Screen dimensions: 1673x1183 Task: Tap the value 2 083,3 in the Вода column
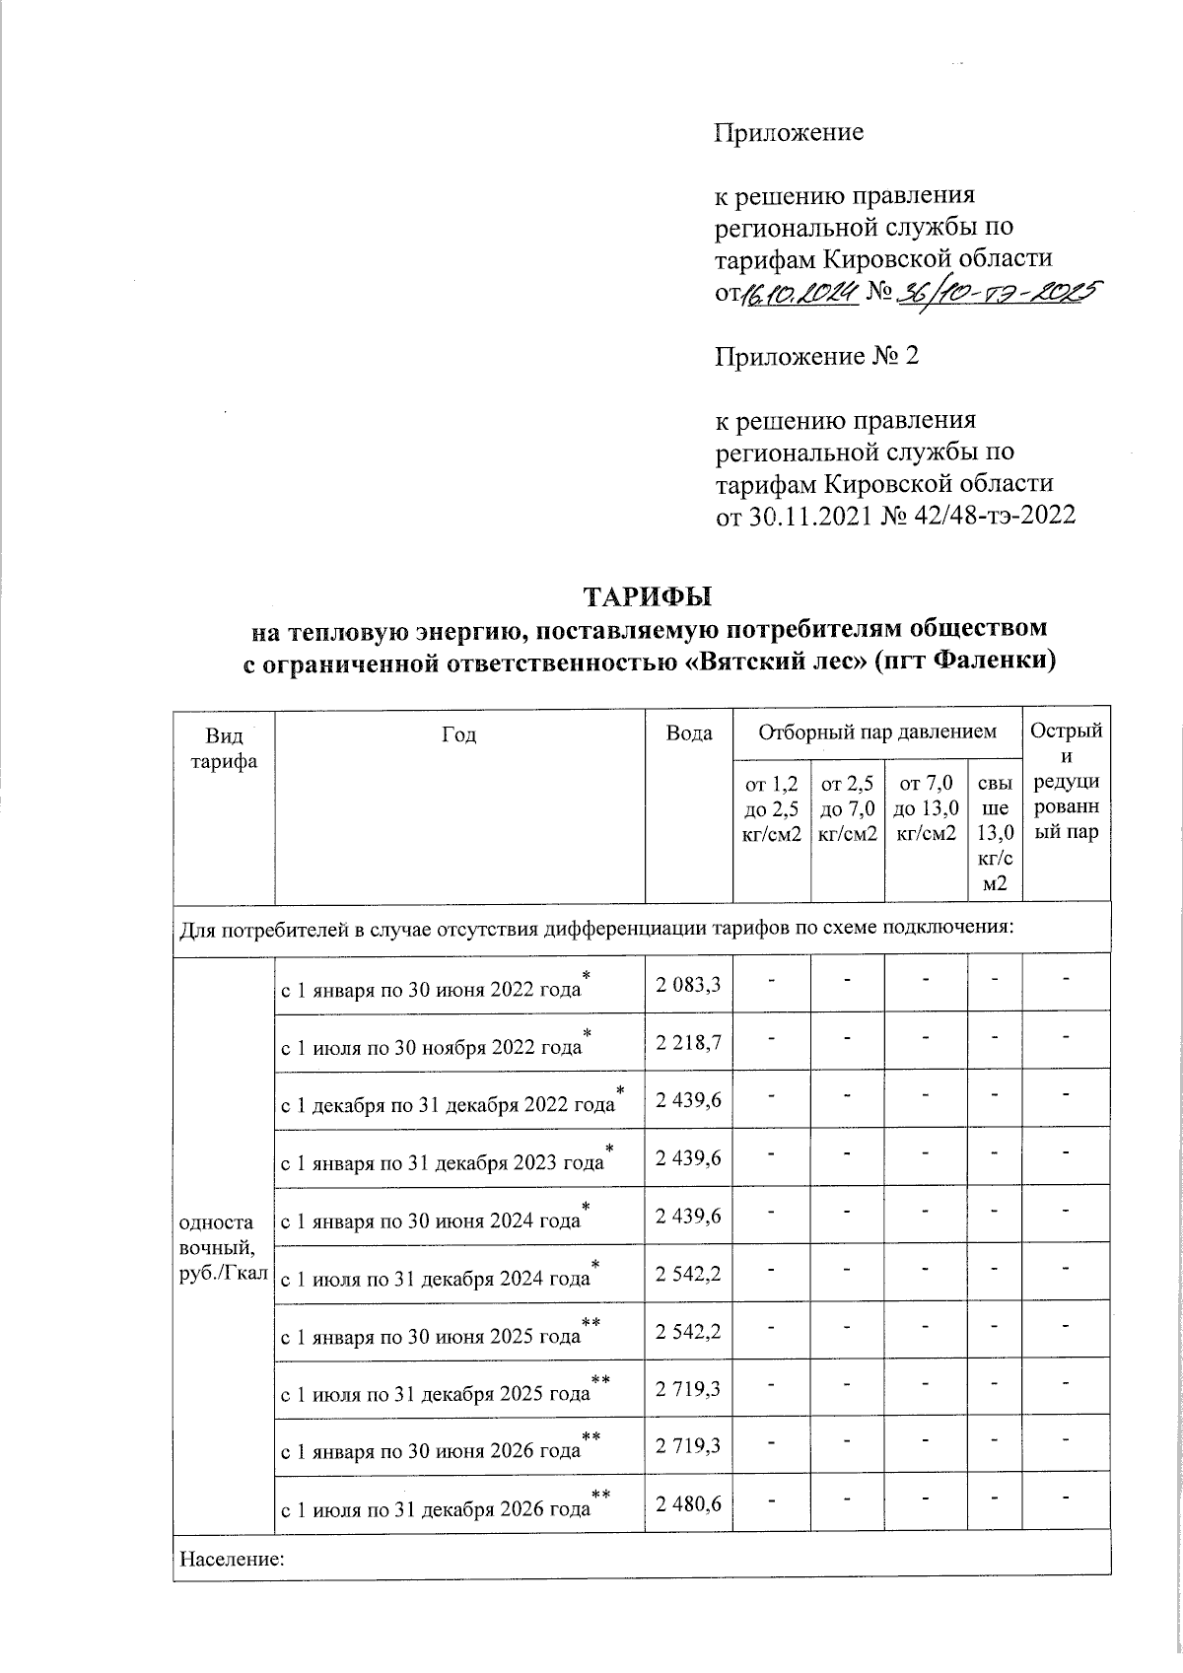[x=687, y=982]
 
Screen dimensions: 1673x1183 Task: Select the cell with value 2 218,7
[x=687, y=1040]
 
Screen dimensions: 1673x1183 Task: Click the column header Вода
[x=688, y=733]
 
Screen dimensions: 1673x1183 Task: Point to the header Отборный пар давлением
[x=876, y=732]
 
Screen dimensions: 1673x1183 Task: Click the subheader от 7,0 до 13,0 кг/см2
[x=925, y=808]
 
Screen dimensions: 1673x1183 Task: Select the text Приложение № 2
[x=816, y=356]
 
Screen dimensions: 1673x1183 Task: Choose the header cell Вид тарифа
[x=223, y=748]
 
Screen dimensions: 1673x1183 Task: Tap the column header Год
[x=458, y=734]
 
